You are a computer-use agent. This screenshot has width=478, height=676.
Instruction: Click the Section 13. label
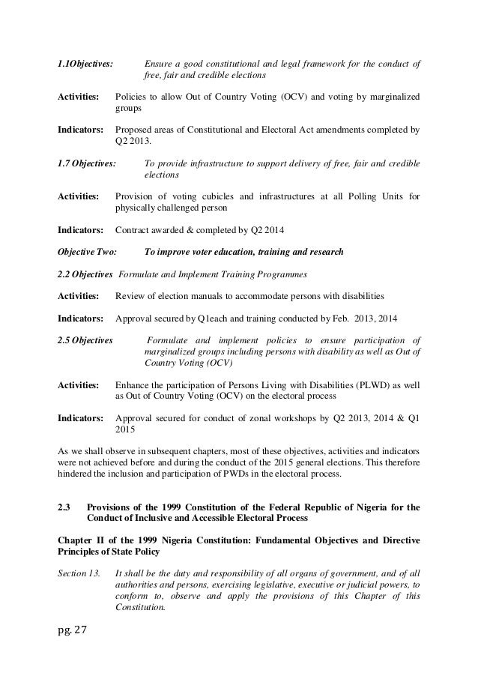pos(79,575)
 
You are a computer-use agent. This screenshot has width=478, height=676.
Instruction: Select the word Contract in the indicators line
pos(133,229)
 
